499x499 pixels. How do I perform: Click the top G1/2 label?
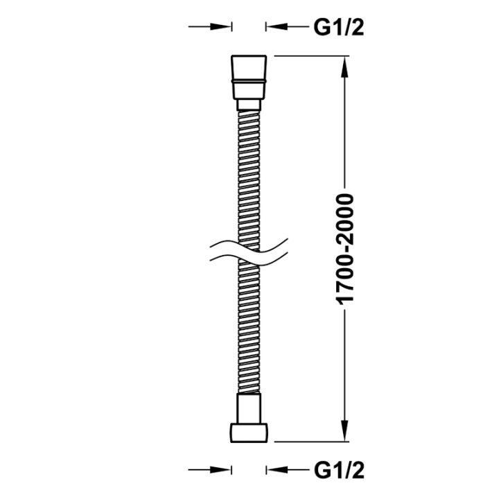[339, 27]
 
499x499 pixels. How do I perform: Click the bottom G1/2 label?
[339, 471]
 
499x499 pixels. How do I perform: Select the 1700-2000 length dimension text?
[344, 249]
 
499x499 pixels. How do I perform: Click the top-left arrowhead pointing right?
[220, 27]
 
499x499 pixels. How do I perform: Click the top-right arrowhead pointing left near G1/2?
[277, 27]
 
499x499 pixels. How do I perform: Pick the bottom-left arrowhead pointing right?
[220, 470]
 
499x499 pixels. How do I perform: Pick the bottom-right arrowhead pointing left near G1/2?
[277, 470]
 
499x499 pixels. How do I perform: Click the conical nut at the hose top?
[249, 77]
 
